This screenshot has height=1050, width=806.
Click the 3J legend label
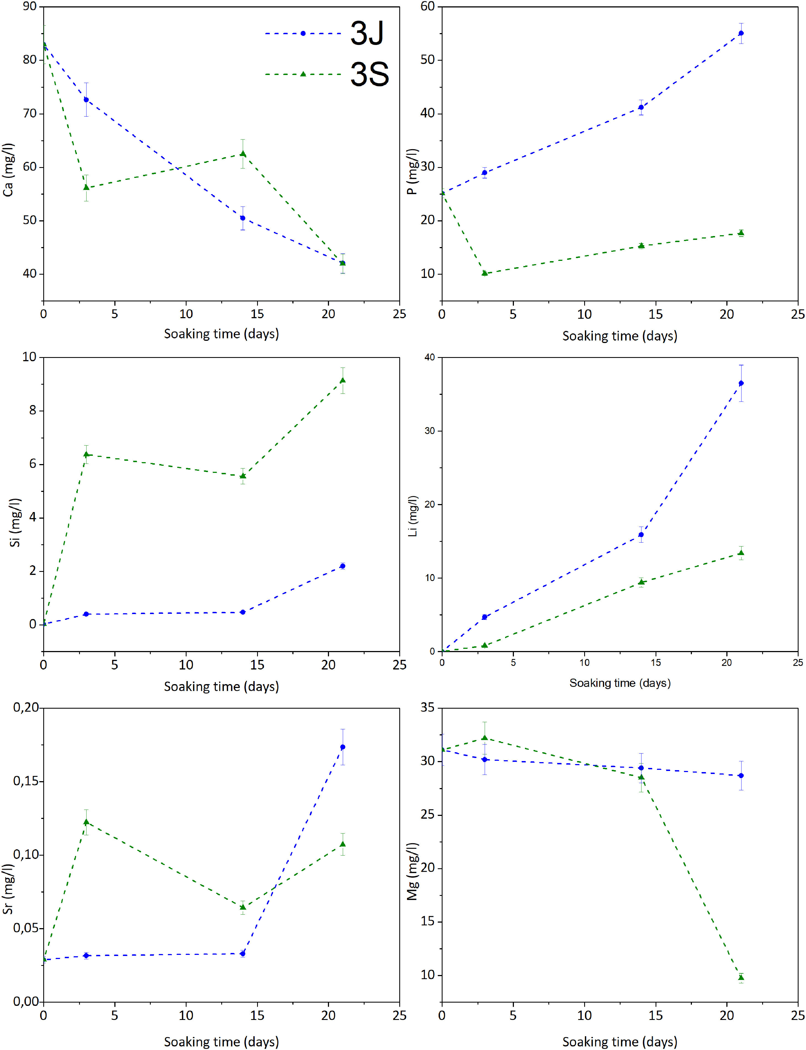pyautogui.click(x=367, y=34)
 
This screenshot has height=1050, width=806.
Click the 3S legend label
pyautogui.click(x=370, y=74)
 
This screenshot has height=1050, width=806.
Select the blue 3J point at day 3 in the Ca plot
pyautogui.click(x=86, y=100)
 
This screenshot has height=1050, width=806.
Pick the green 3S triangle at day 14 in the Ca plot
pyautogui.click(x=243, y=154)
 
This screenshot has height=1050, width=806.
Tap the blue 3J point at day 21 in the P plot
pyautogui.click(x=741, y=33)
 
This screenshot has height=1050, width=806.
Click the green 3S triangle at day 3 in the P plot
pyautogui.click(x=484, y=273)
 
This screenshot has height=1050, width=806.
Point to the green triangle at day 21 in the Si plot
pyautogui.click(x=343, y=380)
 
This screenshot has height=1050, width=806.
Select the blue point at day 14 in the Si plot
pyautogui.click(x=243, y=612)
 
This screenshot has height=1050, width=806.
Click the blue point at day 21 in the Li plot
pyautogui.click(x=741, y=383)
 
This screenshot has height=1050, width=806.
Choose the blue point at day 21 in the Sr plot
pyautogui.click(x=343, y=747)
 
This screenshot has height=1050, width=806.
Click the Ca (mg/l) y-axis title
pyautogui.click(x=8, y=170)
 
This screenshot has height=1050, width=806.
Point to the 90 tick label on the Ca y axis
pyautogui.click(x=30, y=7)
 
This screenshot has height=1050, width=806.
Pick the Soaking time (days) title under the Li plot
pyautogui.click(x=620, y=683)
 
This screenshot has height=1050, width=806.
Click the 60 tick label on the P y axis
pyautogui.click(x=427, y=7)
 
